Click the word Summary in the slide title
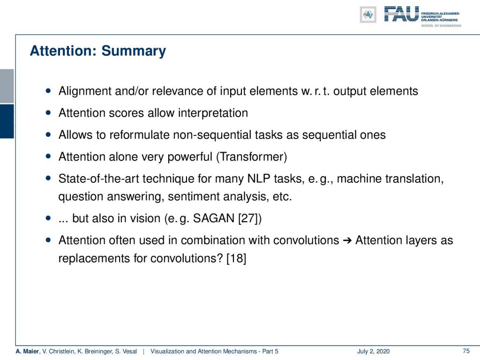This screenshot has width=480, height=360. point(134,51)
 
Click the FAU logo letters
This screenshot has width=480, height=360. point(401,14)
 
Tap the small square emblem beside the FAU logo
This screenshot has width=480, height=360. point(368,15)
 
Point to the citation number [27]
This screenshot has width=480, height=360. point(249,218)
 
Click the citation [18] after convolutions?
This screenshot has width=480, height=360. point(236,258)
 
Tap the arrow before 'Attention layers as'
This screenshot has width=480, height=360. point(347,240)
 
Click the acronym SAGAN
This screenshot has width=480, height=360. point(213,218)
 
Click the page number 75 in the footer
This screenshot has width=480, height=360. point(466,351)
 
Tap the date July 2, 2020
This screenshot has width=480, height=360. point(373,351)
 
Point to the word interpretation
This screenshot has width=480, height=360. point(213,113)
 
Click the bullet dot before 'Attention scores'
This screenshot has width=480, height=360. point(48,112)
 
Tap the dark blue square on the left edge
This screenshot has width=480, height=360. point(7,121)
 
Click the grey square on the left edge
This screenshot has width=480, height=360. point(7,86)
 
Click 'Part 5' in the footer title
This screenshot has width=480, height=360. point(270,351)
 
